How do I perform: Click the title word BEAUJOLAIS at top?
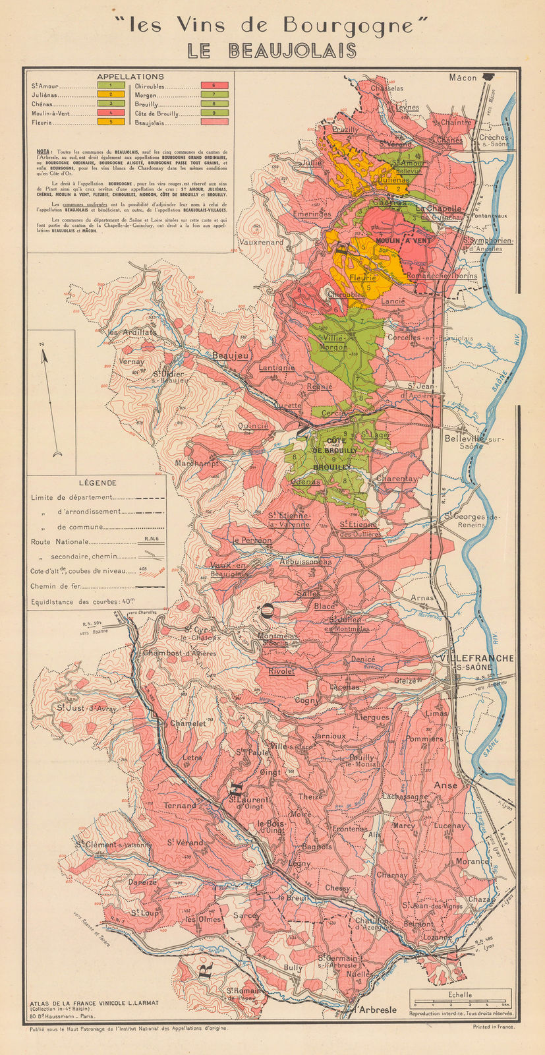[272, 51]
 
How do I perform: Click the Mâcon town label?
[463, 77]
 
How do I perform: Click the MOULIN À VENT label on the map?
[403, 241]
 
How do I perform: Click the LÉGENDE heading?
[96, 483]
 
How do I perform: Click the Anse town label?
[445, 785]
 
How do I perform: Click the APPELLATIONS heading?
[130, 76]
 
